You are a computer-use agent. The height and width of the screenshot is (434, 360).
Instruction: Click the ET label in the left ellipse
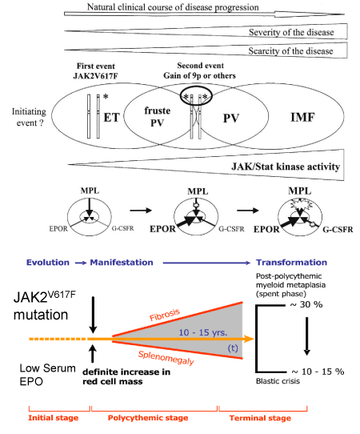tap(112, 118)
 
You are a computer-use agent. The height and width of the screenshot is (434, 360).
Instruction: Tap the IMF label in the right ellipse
tap(302, 118)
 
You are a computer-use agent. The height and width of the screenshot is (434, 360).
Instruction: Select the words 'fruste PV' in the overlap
tap(158, 117)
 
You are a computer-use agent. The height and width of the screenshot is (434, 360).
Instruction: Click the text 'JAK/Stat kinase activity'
tap(286, 167)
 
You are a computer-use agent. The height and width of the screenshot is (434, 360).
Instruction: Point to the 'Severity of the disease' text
tap(291, 32)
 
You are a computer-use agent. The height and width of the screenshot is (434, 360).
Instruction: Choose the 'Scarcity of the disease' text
tap(290, 51)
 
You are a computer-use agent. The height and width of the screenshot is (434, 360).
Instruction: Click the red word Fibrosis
tap(165, 315)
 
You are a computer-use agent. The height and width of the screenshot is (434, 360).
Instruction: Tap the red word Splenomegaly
tap(166, 358)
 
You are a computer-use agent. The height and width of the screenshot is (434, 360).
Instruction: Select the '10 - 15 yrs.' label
tap(203, 332)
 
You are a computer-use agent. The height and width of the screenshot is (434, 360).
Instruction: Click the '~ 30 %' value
tap(306, 304)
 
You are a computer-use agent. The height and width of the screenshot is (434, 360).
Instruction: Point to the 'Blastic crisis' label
tap(278, 381)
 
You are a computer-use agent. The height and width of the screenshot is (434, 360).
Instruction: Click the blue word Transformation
tap(291, 262)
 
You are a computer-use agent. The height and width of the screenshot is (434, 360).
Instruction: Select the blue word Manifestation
tap(122, 262)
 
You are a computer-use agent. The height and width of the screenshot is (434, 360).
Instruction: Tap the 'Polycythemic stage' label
tap(148, 418)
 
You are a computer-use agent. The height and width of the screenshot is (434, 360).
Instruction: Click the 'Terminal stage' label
tap(260, 418)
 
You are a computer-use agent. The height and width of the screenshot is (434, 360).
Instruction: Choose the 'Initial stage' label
tap(54, 418)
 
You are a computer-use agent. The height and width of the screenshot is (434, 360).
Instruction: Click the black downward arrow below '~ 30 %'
tap(306, 336)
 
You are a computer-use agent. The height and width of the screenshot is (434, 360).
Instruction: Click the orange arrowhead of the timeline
tap(250, 339)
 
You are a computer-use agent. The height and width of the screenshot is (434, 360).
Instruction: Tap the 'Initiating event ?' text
tap(29, 117)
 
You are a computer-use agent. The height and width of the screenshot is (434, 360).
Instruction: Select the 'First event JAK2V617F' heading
tap(96, 70)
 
